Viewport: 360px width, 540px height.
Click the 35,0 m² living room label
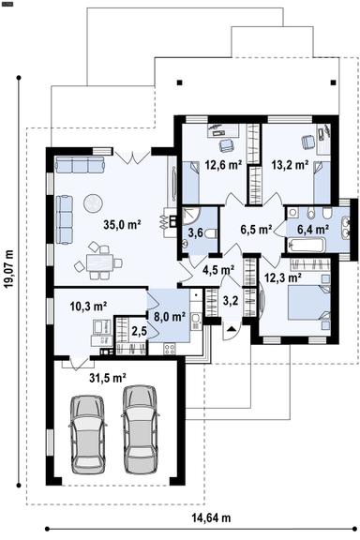pyautogui.click(x=122, y=224)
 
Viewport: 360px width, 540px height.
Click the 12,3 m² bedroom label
pyautogui.click(x=281, y=277)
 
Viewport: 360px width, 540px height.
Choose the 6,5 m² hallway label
pyautogui.click(x=255, y=228)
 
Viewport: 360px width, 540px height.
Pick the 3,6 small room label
pyautogui.click(x=197, y=232)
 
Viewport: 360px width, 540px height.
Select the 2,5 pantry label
pyautogui.click(x=139, y=331)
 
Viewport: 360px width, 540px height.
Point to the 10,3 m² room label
pyautogui.click(x=88, y=306)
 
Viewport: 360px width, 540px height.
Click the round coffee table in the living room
pyautogui.click(x=96, y=201)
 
